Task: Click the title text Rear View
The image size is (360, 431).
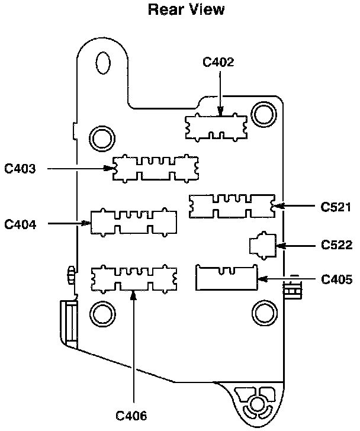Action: [x=179, y=9]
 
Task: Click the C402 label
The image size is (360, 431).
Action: [x=219, y=61]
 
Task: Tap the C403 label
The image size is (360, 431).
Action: [x=21, y=169]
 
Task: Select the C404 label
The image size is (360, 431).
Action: [x=21, y=224]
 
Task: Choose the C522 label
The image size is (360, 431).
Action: [x=336, y=244]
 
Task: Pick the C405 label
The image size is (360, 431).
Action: [x=336, y=279]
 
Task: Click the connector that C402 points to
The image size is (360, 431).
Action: [x=216, y=126]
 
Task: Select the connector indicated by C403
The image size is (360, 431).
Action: [x=155, y=168]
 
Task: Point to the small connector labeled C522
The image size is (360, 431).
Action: [x=263, y=245]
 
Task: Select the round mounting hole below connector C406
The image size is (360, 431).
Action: [x=101, y=311]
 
